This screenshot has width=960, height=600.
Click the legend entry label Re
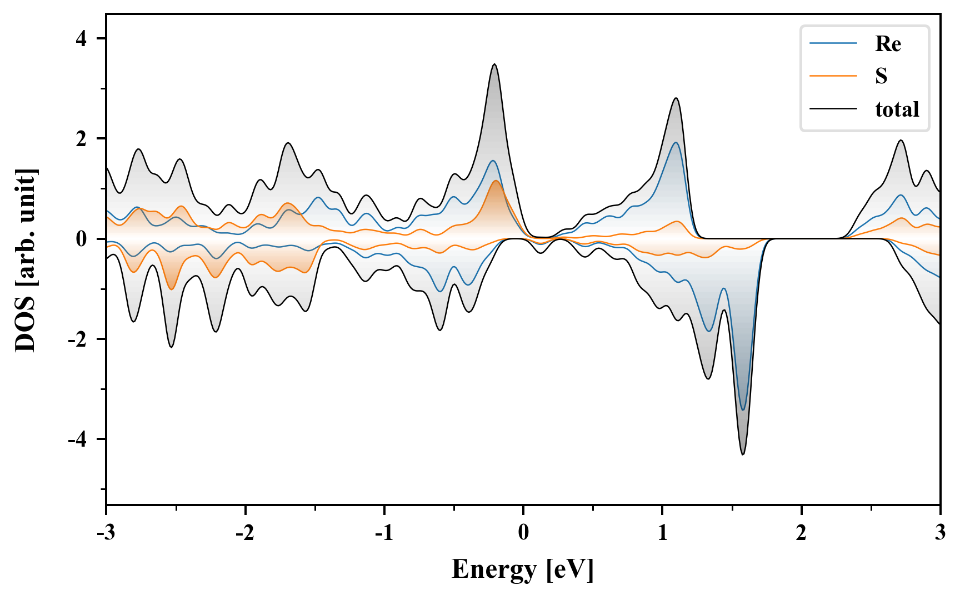tap(888, 44)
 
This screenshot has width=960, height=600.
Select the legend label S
tap(881, 76)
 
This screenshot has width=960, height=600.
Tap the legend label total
tap(897, 109)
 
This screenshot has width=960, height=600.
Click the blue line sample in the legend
tap(833, 44)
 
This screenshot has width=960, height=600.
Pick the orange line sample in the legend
tap(833, 76)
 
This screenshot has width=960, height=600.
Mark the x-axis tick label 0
tap(523, 533)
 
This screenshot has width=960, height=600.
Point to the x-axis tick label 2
tap(801, 533)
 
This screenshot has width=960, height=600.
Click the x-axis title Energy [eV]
tap(523, 569)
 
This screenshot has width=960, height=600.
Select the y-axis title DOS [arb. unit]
tap(26, 260)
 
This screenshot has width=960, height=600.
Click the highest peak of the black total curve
tap(494, 64)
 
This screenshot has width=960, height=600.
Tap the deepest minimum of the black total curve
tap(743, 454)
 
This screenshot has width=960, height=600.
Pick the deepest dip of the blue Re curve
tap(743, 410)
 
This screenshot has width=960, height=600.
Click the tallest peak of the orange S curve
tap(496, 181)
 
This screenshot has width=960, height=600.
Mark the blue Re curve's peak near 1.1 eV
tap(676, 143)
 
